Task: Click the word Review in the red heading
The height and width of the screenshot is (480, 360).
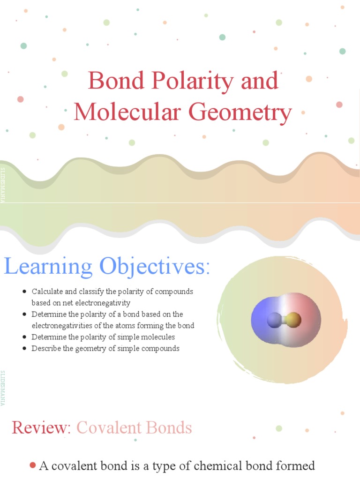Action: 40,427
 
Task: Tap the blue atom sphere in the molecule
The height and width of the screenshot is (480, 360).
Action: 273,321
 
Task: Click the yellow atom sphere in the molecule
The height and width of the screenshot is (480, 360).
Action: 292,321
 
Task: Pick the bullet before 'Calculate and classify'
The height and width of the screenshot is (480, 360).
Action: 24,292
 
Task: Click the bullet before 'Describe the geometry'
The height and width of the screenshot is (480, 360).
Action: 24,348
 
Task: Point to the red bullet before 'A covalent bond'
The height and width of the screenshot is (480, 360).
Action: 32,465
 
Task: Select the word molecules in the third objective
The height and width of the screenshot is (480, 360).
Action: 159,337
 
